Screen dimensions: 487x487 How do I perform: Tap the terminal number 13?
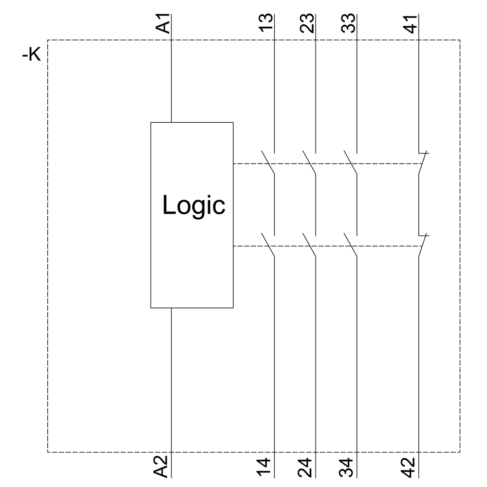266,23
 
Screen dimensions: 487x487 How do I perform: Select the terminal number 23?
307,23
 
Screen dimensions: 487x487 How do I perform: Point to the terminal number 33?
348,23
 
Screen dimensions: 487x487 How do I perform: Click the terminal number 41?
411,23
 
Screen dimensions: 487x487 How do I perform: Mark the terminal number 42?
410,466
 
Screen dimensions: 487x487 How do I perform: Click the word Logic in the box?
194,205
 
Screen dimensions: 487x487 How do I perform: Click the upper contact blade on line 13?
268,163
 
